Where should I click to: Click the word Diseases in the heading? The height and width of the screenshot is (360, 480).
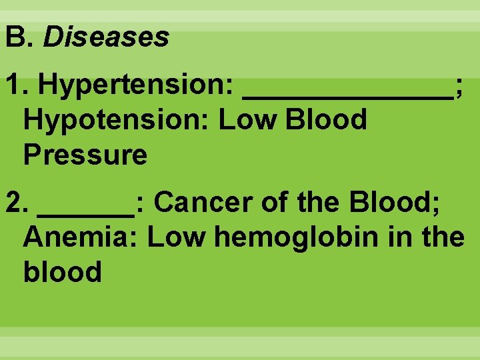click(x=106, y=37)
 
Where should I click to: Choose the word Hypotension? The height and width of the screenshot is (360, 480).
click(x=115, y=120)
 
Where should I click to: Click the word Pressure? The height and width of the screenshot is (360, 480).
click(x=85, y=155)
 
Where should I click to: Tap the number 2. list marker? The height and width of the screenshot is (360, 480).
click(x=16, y=202)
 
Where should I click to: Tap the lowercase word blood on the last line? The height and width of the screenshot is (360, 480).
click(x=62, y=271)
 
